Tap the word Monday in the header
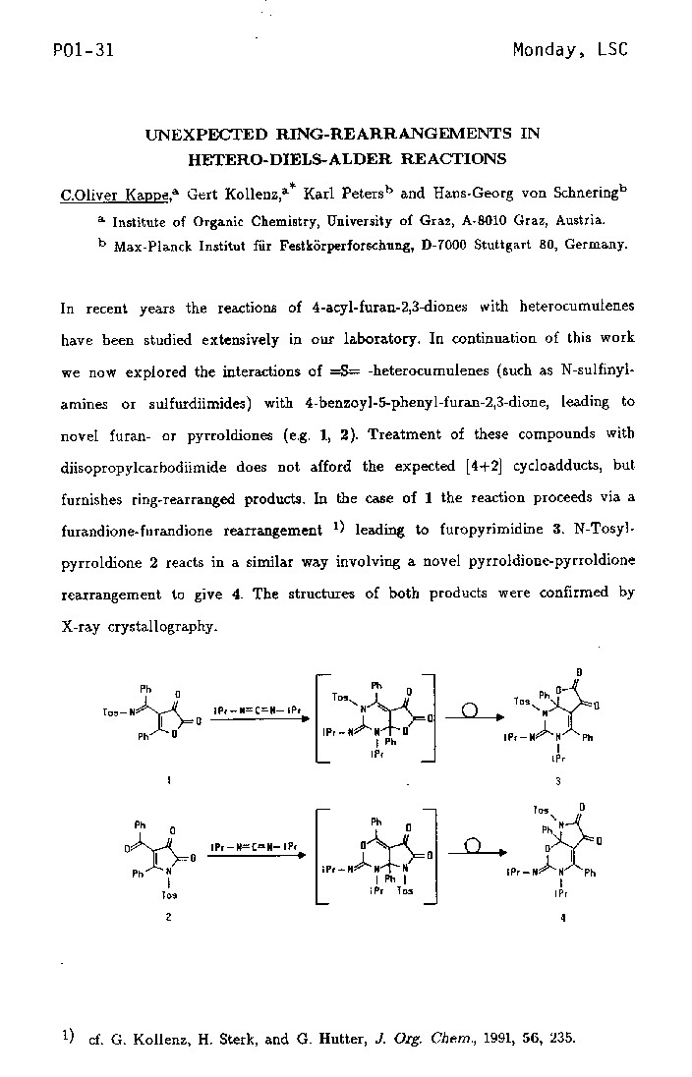548,50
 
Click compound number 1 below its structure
169,780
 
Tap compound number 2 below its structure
169,916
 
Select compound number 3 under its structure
557,781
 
